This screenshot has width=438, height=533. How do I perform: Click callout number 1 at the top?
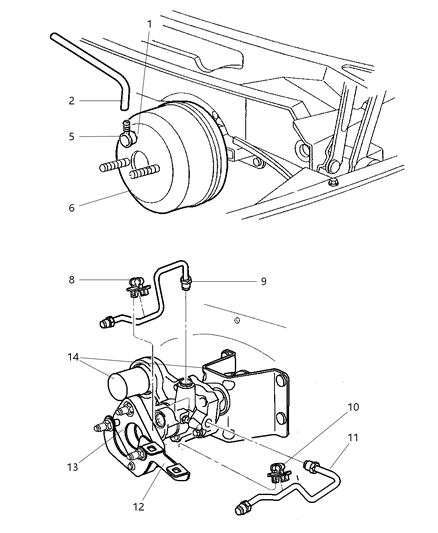point(149,24)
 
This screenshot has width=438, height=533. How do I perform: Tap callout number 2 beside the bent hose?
point(71,101)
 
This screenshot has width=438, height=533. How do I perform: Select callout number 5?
point(71,137)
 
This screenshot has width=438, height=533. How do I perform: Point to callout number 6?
point(71,208)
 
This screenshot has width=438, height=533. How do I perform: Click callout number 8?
point(71,280)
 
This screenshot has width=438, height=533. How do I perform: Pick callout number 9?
point(263,281)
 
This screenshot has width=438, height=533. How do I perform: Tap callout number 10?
point(353,407)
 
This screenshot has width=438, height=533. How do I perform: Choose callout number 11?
point(353,437)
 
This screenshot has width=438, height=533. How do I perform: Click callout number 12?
point(139,507)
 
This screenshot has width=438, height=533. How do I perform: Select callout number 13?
point(72,467)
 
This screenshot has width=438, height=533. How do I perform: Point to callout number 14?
point(73,357)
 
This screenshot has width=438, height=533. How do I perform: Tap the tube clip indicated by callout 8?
point(139,288)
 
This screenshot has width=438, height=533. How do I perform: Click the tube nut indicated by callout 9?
point(186,283)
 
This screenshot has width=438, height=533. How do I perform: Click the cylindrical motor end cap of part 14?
point(122,386)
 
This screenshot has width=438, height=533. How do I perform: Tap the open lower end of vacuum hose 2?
point(124,108)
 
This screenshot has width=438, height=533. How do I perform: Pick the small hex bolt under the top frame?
point(332,183)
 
